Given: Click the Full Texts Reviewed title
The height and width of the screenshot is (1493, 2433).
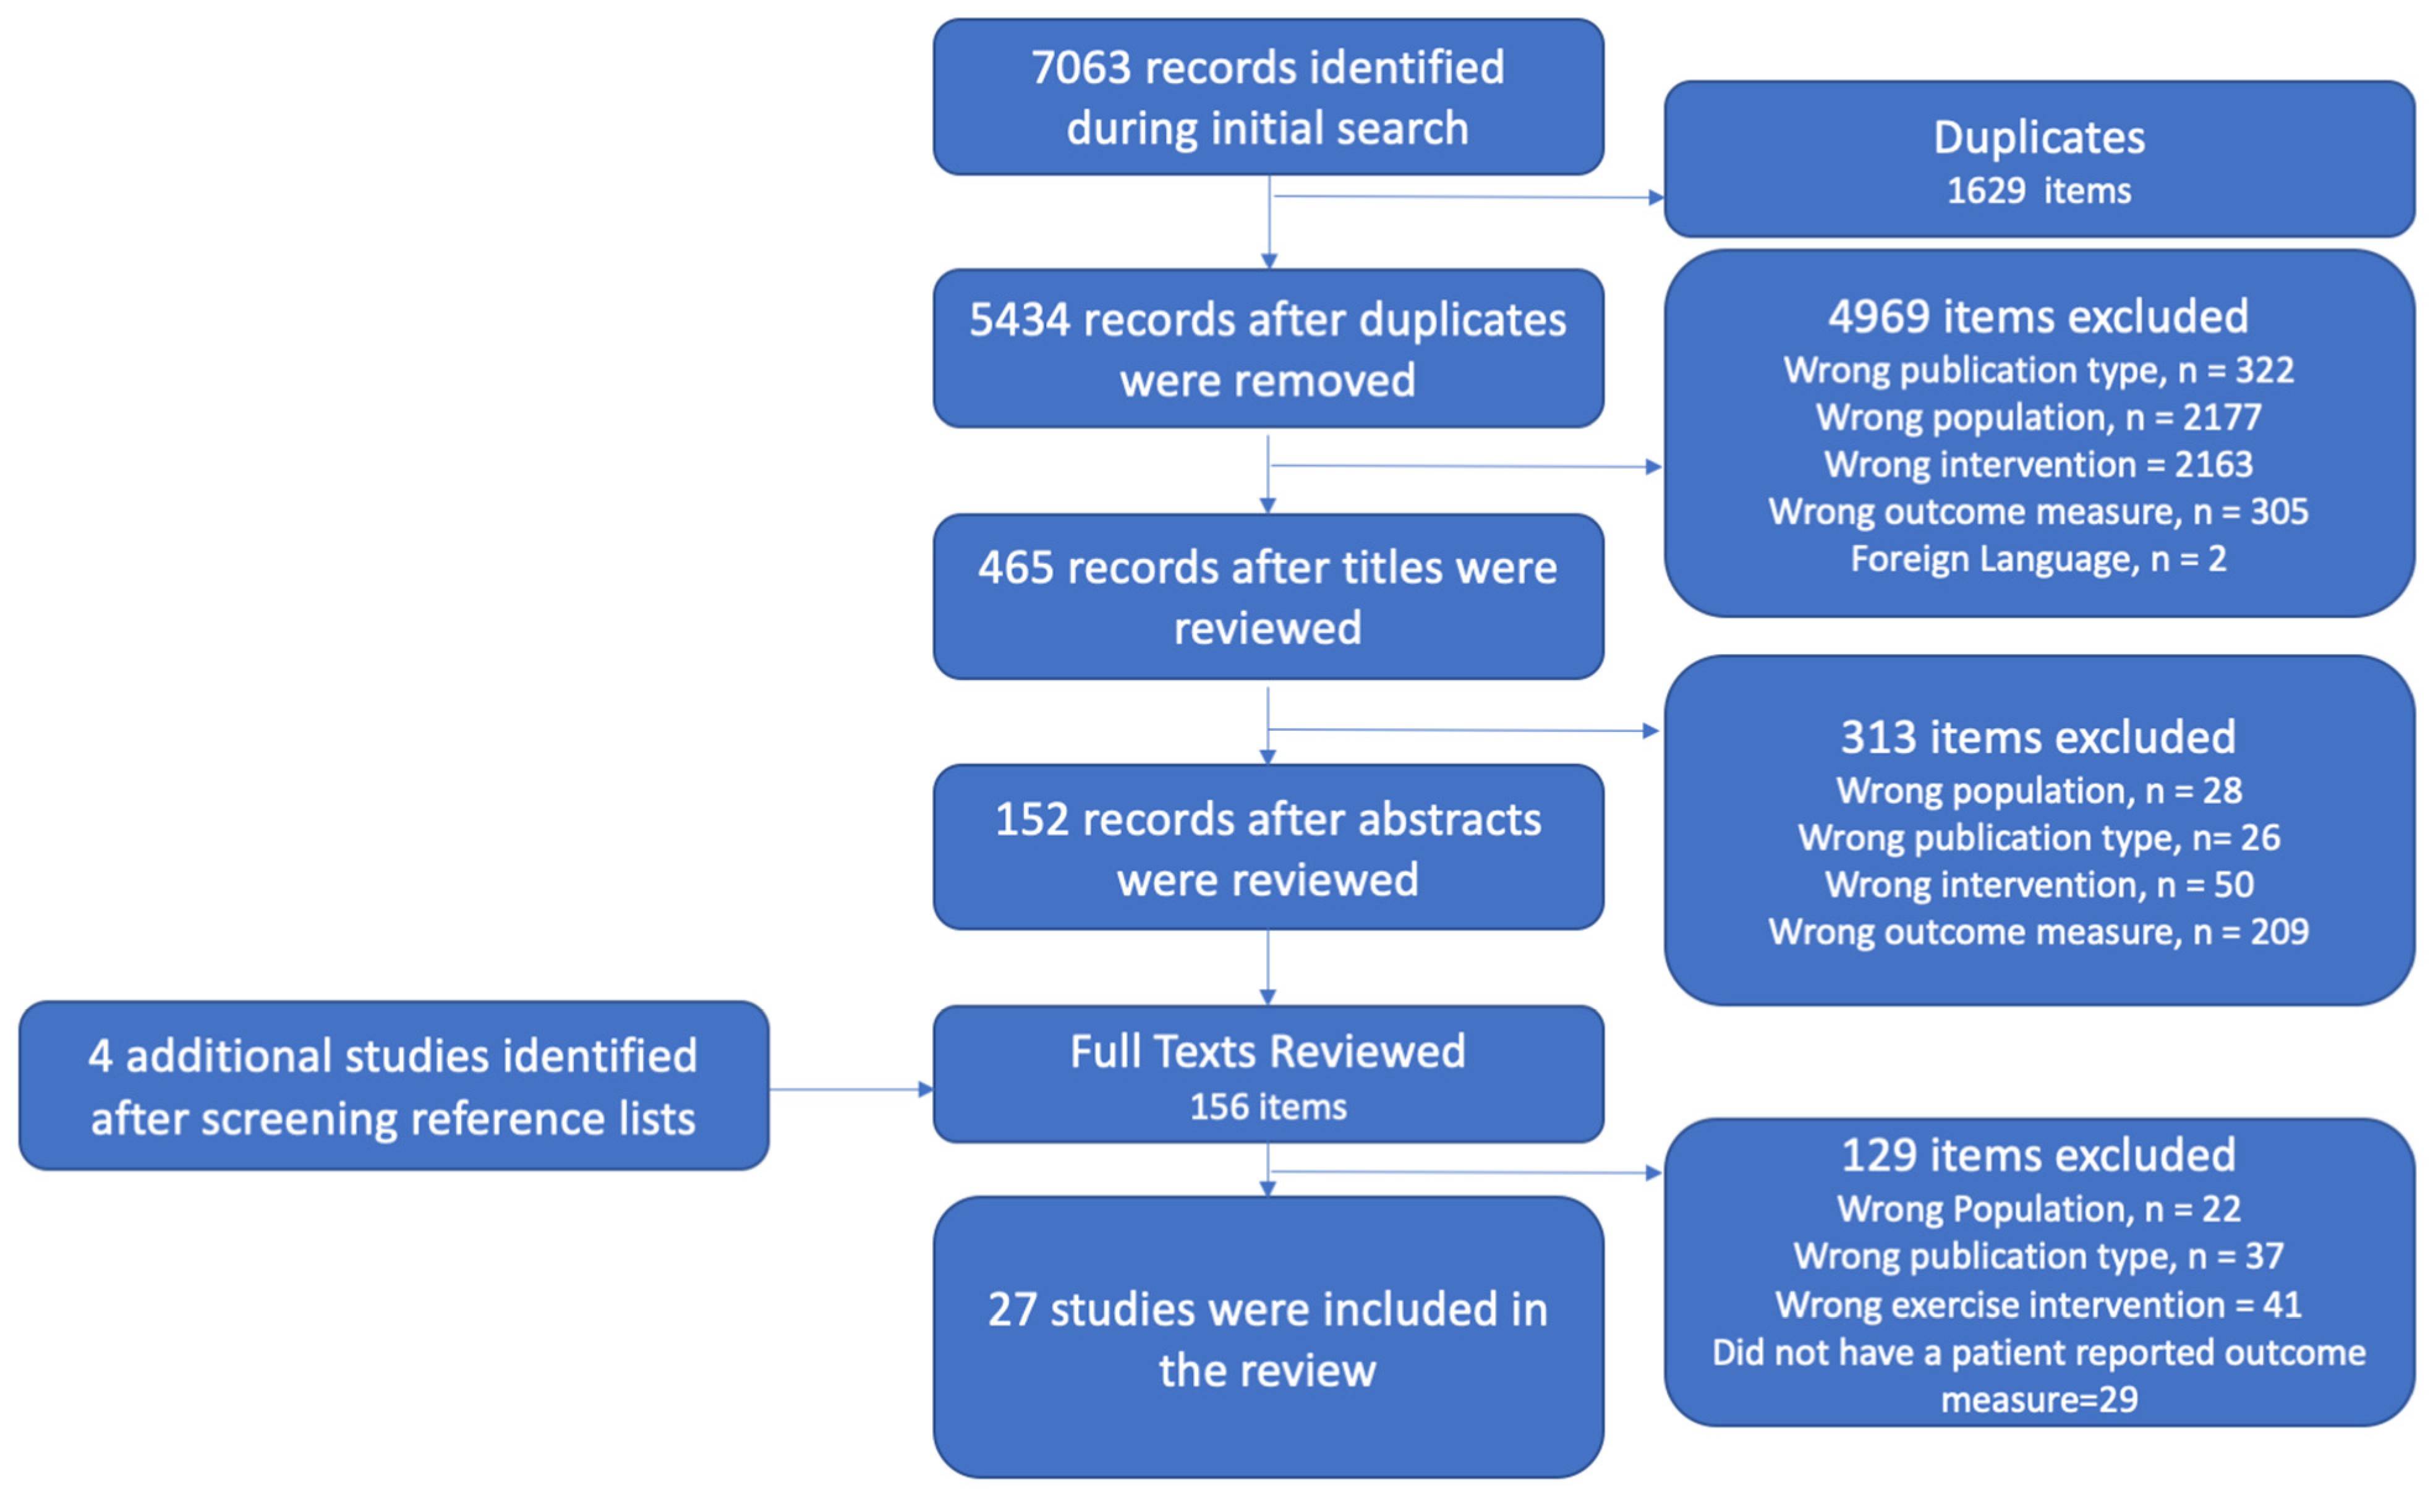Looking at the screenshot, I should (1268, 1052).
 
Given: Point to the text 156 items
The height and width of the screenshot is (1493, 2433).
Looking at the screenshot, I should (1268, 1107).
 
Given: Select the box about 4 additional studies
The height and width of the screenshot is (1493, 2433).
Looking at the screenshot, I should (393, 1086).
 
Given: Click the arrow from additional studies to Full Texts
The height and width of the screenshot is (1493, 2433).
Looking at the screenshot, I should (849, 1089).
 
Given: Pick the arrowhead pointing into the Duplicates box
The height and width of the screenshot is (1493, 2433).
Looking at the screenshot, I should (1656, 197).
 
